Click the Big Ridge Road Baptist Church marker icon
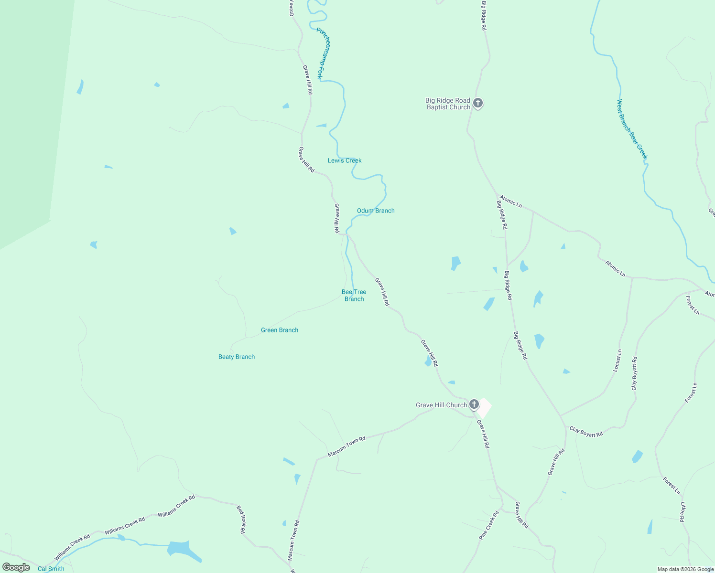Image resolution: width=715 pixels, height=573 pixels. [477, 103]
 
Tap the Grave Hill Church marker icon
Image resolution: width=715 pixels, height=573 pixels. [474, 404]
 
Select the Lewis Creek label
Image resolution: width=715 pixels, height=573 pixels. [345, 160]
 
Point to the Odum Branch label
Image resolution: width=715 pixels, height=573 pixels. [376, 211]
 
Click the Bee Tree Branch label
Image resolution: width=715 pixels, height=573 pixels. [354, 295]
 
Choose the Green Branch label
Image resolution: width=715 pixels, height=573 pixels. [280, 330]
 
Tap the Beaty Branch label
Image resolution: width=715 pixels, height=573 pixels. [237, 357]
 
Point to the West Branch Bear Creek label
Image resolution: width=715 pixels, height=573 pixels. [632, 129]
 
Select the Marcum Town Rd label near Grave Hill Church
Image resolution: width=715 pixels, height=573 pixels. [347, 447]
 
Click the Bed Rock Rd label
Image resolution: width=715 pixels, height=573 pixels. [241, 520]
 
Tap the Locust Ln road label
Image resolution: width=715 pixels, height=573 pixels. [617, 361]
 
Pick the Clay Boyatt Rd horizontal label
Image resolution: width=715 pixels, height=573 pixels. [586, 432]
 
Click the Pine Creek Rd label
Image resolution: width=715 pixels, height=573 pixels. [489, 526]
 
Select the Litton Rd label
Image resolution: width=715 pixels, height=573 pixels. [683, 511]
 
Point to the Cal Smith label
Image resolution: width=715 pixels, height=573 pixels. [51, 569]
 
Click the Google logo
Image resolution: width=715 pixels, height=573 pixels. [16, 567]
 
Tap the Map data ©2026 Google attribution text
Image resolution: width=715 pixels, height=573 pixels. [685, 569]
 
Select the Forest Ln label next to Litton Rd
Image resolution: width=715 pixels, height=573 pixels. [672, 485]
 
